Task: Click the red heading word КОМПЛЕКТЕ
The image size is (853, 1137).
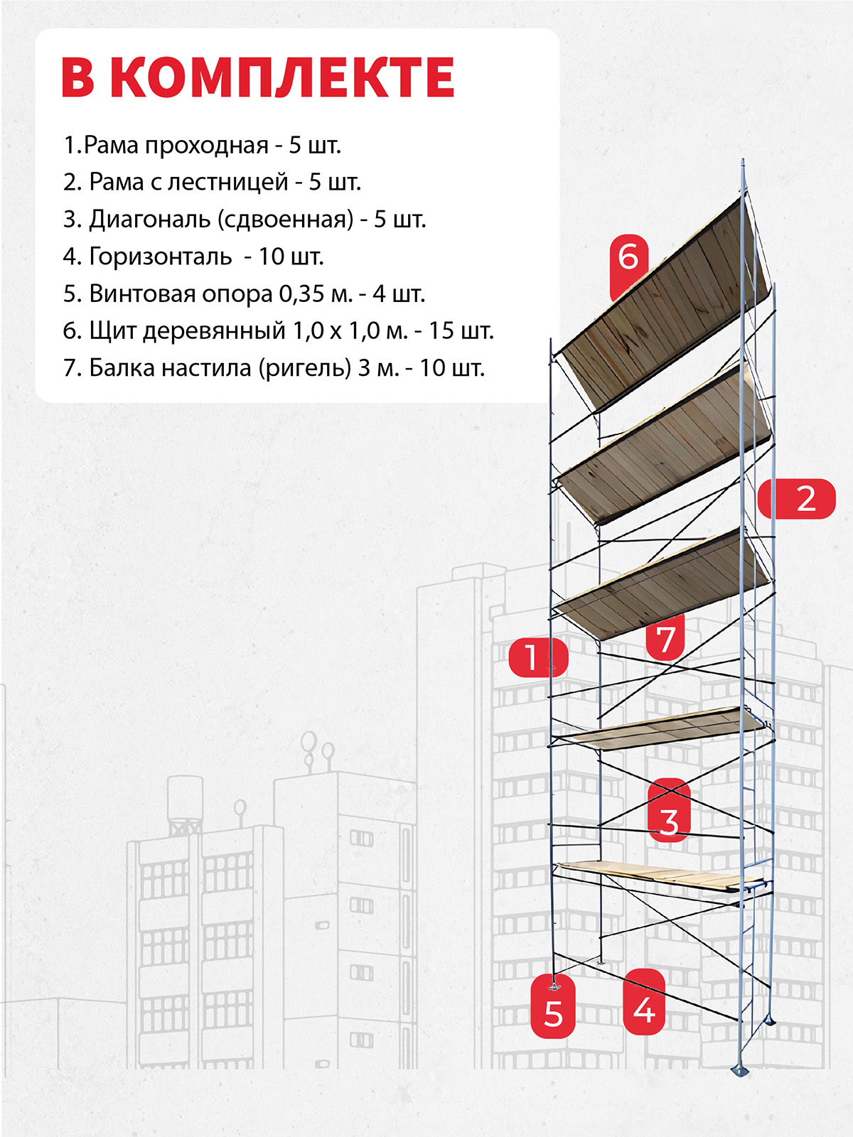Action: (x=282, y=77)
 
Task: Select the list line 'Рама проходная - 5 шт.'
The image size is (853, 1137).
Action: (x=202, y=146)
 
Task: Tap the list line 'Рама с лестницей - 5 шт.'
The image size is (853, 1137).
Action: (x=212, y=183)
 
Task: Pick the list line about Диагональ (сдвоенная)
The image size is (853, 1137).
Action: (x=245, y=220)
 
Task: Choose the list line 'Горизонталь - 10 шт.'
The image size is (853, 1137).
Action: (x=193, y=257)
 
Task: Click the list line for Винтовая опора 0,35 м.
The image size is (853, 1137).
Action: (x=244, y=293)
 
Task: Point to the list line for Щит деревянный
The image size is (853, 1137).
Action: (x=278, y=330)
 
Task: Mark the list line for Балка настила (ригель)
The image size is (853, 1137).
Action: (x=274, y=368)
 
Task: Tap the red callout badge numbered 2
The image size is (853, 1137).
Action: (x=797, y=499)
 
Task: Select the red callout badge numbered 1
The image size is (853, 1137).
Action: (x=538, y=657)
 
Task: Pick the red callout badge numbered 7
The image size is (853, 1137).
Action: (x=665, y=637)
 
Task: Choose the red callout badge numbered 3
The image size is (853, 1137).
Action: (x=669, y=809)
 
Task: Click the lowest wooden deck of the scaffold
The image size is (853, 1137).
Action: (x=660, y=877)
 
